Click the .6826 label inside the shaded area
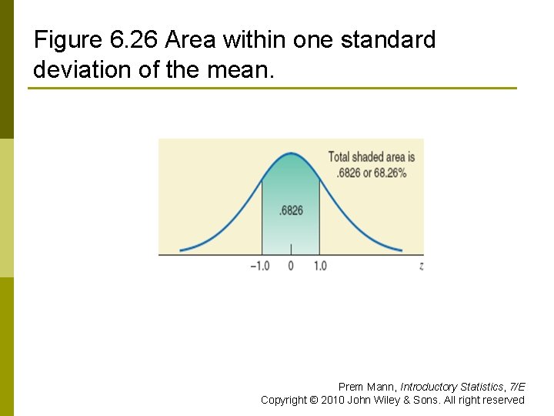[291, 210]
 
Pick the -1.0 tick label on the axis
[260, 266]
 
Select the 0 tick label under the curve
[291, 266]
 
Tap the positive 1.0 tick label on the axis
[319, 266]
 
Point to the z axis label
[422, 266]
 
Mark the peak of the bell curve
[291, 153]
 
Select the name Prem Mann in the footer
[366, 387]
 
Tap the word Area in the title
[190, 39]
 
